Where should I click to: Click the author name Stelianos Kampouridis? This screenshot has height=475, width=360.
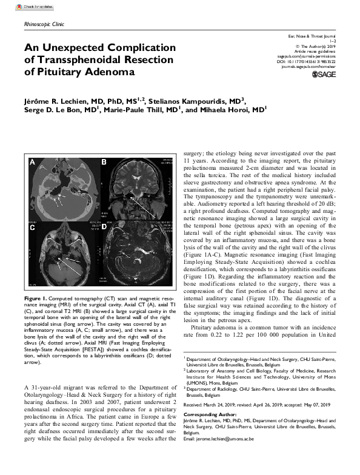coord(192,100)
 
